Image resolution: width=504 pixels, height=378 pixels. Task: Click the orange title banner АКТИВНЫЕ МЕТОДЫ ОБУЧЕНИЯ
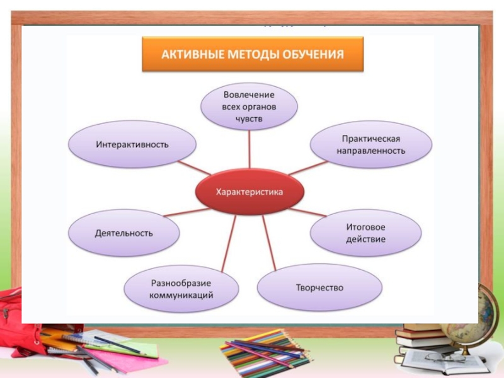pyautogui.click(x=253, y=54)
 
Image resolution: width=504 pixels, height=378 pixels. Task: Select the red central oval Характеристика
pyautogui.click(x=250, y=192)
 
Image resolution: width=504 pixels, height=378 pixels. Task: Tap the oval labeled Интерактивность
pyautogui.click(x=132, y=144)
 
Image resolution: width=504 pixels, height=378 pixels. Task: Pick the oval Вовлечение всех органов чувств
pyautogui.click(x=249, y=106)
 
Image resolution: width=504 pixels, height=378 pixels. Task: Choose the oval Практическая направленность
pyautogui.click(x=371, y=144)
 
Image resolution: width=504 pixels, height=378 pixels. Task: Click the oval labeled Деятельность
pyautogui.click(x=124, y=233)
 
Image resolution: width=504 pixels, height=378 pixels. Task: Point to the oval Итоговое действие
pyautogui.click(x=365, y=233)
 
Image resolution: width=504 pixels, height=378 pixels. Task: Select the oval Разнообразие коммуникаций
pyautogui.click(x=181, y=289)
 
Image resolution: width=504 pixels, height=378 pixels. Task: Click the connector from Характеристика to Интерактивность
pyautogui.click(x=193, y=167)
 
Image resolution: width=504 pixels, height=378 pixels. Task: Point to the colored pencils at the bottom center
pyautogui.click(x=265, y=356)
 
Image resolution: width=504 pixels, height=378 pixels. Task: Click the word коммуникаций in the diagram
pyautogui.click(x=181, y=295)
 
